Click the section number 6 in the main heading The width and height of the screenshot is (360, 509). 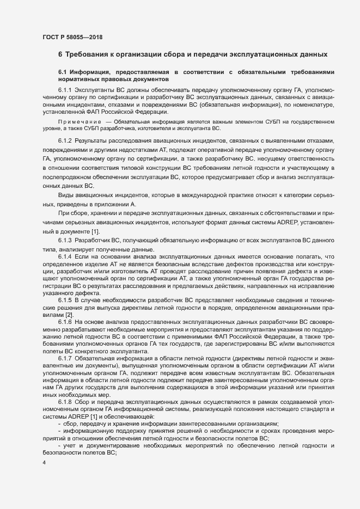click(60, 54)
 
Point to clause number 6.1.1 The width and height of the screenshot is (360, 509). click(65, 89)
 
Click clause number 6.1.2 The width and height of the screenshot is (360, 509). click(65, 141)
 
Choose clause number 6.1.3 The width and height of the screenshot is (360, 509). click(65, 240)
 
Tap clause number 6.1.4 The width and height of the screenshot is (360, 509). click(65, 256)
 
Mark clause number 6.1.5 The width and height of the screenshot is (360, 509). click(65, 301)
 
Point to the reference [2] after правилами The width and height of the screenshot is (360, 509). click(69, 315)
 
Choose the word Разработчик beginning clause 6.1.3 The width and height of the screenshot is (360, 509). click(93, 240)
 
